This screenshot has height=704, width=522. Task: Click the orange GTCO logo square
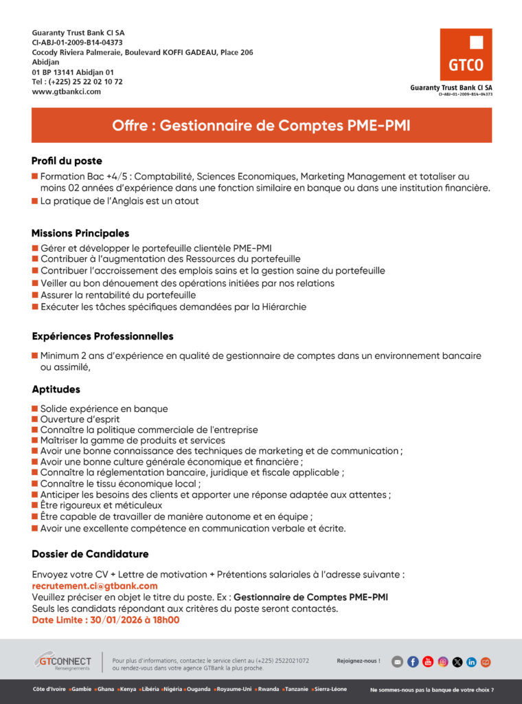coord(466,54)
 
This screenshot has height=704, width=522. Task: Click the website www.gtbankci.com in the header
coord(67,91)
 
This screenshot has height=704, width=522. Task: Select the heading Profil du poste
coord(67,161)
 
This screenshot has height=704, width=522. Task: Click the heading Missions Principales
coord(80,234)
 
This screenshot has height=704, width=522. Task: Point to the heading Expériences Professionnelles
coord(102,336)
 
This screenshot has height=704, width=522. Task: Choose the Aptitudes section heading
coord(56,389)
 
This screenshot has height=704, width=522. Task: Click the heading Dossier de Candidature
coord(90,554)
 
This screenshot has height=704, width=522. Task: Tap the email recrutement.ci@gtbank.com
coord(95,586)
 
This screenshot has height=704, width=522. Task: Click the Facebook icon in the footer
coord(413,662)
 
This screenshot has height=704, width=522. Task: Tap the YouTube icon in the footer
coord(428,662)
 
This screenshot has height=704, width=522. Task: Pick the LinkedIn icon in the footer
coord(471,662)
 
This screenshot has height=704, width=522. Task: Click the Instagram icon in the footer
coord(443,662)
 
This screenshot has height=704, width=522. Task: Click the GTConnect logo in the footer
coord(63,661)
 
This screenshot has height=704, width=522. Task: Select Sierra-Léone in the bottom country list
coord(331,689)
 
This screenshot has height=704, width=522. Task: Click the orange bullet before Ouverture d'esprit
coord(35,419)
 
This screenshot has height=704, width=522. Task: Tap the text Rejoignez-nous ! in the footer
coord(358,661)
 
